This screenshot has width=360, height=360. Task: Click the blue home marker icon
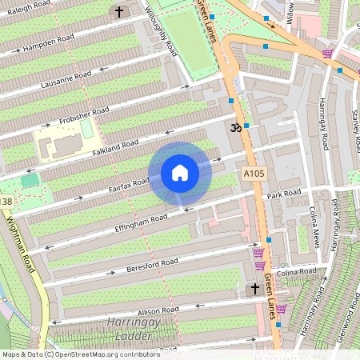pos(180,173)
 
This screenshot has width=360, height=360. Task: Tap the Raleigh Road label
pos(27,11)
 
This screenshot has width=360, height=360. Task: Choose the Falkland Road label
pos(116,147)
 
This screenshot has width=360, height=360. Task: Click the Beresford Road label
pos(151,265)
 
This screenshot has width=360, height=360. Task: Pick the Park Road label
pos(284,194)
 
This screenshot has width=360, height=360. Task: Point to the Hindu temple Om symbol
pos(236,127)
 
